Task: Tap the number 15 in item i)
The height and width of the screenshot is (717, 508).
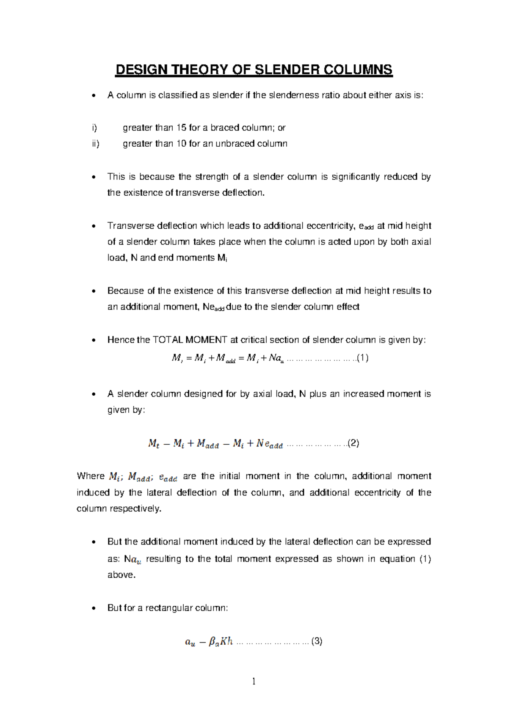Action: tap(181, 128)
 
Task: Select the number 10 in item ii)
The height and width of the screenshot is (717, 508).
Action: tap(181, 144)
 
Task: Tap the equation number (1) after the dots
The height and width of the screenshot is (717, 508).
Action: tap(363, 358)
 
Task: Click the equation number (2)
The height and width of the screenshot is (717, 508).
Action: tap(353, 443)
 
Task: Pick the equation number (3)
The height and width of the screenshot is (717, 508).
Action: tap(317, 641)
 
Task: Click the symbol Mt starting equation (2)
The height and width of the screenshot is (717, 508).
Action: tap(154, 443)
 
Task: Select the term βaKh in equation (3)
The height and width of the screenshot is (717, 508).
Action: tap(221, 641)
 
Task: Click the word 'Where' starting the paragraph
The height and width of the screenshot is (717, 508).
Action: tap(90, 476)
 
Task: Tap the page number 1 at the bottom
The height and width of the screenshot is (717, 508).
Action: tap(254, 681)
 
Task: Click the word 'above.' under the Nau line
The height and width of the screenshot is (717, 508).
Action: tap(121, 575)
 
